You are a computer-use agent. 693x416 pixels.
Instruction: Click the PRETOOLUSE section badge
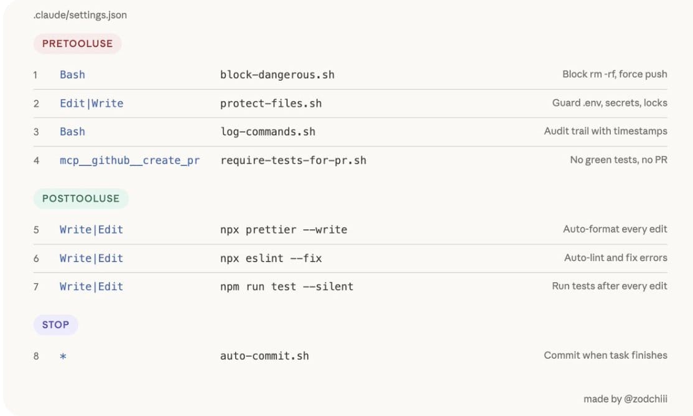[77, 44]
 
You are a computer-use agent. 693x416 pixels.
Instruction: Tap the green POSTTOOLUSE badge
[81, 198]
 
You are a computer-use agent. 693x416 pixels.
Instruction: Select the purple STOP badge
[56, 324]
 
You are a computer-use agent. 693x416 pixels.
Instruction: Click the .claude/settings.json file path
[80, 15]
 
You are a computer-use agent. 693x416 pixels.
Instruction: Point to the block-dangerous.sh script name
[277, 75]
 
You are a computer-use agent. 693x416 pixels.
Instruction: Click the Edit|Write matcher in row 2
[91, 103]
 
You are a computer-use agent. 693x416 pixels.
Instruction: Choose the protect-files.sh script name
[271, 103]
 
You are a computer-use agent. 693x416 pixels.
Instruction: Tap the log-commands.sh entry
[268, 131]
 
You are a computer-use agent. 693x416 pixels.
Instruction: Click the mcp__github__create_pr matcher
[129, 160]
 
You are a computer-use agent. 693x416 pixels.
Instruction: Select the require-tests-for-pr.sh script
[294, 160]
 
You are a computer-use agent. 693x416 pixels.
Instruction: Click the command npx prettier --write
[284, 230]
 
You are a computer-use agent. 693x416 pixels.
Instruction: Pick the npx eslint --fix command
[271, 258]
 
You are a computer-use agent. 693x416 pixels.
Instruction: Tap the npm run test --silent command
[287, 286]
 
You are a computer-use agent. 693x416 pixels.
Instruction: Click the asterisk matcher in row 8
[63, 356]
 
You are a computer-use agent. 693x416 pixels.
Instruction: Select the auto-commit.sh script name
[265, 356]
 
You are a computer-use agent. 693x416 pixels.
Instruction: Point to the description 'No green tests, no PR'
[619, 160]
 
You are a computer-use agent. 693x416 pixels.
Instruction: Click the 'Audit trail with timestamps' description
[605, 131]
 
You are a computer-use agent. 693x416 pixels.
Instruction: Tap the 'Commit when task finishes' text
[605, 356]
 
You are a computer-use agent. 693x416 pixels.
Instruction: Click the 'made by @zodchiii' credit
[625, 399]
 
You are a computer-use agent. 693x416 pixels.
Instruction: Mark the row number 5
[36, 230]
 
